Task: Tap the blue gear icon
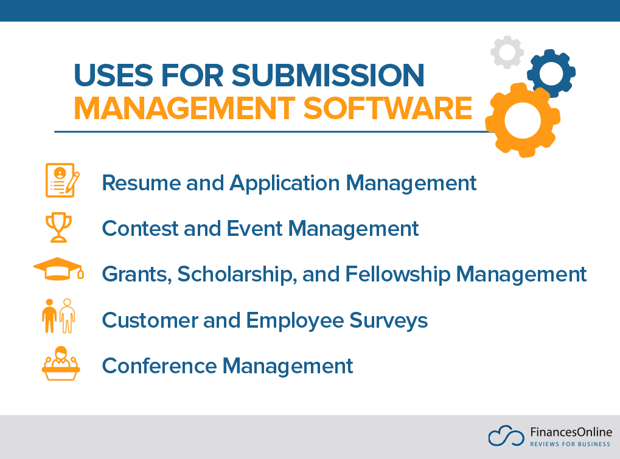point(551,74)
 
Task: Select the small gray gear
point(507,52)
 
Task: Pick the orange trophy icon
point(58,227)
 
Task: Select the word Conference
point(159,366)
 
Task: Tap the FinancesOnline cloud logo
point(506,436)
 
